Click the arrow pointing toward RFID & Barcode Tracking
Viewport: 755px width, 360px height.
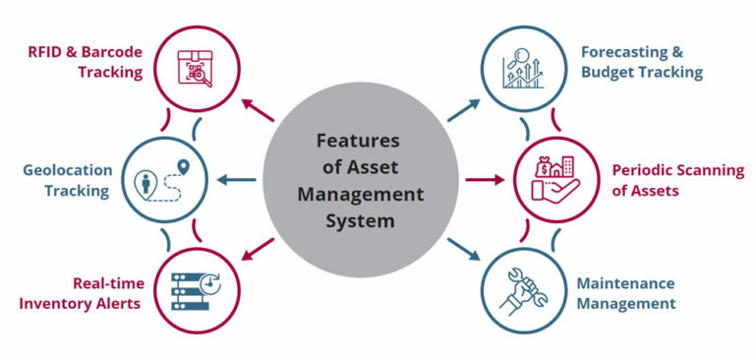(x=259, y=107)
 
